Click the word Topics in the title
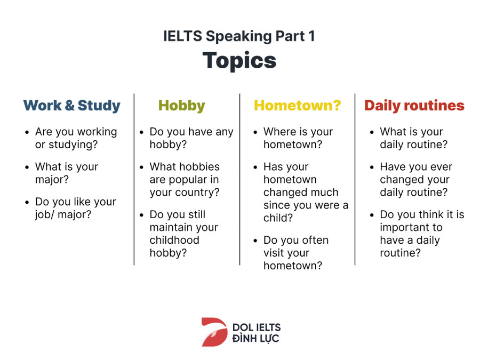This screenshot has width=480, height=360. (239, 61)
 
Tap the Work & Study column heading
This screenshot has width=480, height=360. (72, 106)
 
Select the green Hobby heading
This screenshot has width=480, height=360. (182, 106)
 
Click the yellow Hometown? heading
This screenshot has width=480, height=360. (297, 106)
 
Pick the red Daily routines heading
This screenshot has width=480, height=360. (414, 106)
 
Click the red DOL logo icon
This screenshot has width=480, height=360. (214, 332)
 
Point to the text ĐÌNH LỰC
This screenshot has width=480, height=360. (255, 338)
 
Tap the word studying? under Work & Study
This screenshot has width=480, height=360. (73, 145)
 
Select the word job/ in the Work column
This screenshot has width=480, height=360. (44, 214)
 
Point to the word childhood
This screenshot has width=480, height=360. (174, 240)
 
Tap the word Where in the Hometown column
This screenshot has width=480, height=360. (279, 132)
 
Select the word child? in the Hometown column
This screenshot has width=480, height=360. (278, 218)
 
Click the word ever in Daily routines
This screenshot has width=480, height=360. (441, 167)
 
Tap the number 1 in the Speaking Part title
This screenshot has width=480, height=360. (311, 36)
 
